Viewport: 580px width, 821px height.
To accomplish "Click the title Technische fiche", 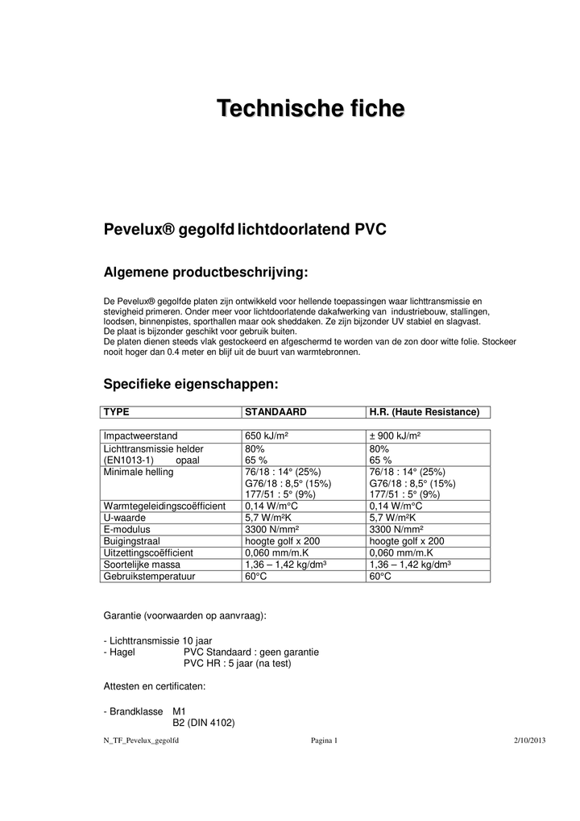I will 310,109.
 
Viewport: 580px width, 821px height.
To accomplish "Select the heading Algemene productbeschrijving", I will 205,272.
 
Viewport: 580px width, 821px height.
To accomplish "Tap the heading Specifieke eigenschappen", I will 191,383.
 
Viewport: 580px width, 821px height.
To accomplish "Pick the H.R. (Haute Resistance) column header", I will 424,412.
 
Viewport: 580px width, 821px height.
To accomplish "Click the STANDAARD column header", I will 275,412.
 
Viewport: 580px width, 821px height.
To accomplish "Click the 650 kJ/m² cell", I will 267,436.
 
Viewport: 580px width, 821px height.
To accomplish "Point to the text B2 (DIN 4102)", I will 204,723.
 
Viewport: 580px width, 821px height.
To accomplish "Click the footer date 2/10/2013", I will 530,740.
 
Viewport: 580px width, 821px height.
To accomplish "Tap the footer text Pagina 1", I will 324,740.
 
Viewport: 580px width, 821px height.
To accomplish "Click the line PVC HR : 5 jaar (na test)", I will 237,663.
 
